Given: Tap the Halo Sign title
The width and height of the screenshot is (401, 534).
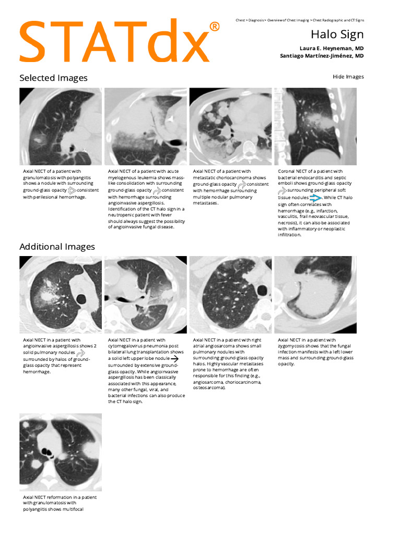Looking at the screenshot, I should coord(337,35).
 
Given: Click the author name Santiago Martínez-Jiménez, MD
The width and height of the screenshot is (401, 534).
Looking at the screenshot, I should coord(322,56).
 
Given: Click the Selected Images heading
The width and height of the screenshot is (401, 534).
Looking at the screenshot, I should coord(53,78).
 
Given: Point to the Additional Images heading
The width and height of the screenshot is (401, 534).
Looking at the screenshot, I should coord(57,247).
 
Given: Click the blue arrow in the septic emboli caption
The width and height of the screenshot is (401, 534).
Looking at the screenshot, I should coord(315,198).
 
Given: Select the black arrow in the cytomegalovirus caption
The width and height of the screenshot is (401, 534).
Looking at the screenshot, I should coord(174,359).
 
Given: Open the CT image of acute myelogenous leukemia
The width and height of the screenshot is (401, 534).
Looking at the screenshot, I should coord(146,127).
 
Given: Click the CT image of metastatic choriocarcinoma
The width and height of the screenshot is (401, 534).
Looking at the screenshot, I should coord(230,127).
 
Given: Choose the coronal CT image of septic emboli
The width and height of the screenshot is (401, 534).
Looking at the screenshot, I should coord(315,127).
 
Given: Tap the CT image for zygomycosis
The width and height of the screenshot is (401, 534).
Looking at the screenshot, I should coord(315,295).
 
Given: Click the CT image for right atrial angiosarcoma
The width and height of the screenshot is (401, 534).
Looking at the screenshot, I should coord(230,295).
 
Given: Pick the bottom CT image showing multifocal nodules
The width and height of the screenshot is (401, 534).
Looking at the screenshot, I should coord(61,452).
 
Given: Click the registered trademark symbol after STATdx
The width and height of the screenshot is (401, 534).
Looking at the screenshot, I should coord(214,27).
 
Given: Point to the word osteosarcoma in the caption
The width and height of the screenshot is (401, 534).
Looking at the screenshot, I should coord(208,388).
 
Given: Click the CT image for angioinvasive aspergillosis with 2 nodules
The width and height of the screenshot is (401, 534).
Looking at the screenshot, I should coord(61,295).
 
